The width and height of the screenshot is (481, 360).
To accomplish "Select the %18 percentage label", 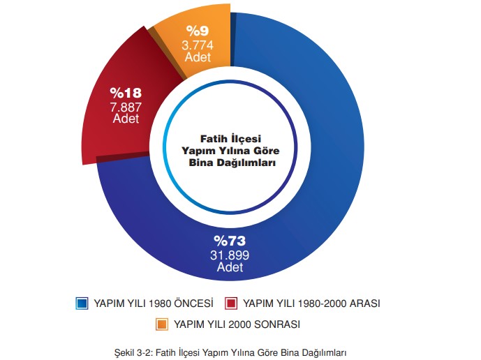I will click(x=125, y=93).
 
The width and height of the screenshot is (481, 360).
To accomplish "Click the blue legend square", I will click(x=82, y=303).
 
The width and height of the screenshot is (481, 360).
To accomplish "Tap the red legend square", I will click(x=231, y=303).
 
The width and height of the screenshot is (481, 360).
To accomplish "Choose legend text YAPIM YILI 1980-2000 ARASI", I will click(x=311, y=303).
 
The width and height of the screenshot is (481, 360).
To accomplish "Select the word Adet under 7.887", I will click(x=126, y=119).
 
